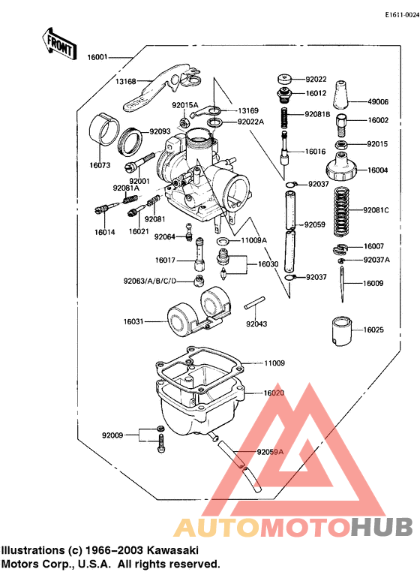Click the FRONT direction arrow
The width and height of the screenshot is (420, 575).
pos(60,43)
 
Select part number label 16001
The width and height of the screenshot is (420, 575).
pos(98,57)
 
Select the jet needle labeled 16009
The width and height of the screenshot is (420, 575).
pos(341,284)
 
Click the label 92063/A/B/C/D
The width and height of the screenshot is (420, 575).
pos(151,281)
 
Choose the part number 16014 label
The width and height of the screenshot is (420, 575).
pos(104,232)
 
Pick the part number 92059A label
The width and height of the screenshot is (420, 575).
pos(269,452)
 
